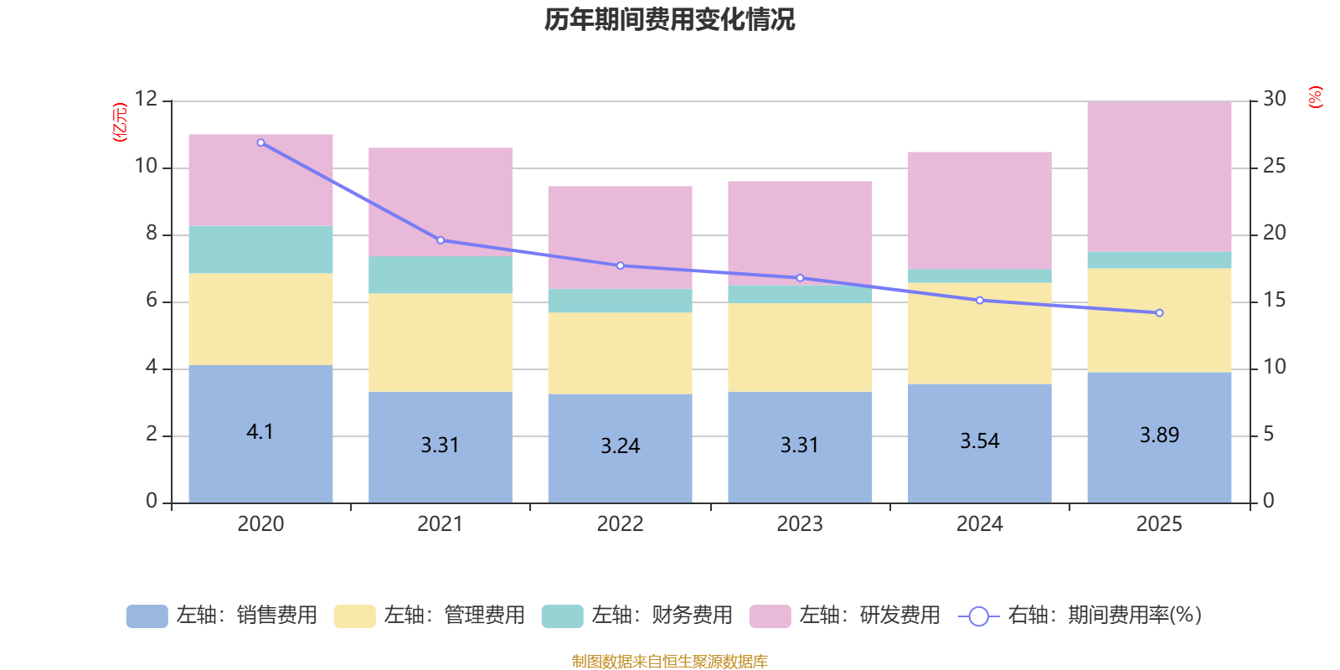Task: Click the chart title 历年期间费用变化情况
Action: [669, 19]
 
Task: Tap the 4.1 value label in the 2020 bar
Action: [260, 432]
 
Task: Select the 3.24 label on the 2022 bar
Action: [620, 446]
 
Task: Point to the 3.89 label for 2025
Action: [1159, 435]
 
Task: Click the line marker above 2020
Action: [260, 143]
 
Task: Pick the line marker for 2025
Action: [1159, 313]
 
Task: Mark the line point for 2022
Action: [621, 265]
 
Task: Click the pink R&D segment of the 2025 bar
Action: [1159, 176]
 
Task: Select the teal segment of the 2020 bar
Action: [260, 250]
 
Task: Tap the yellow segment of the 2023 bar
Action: [800, 347]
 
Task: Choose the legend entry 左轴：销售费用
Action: [222, 616]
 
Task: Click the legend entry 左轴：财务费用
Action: [637, 616]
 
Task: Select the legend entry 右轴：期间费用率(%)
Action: [1080, 616]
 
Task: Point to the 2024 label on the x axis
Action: [979, 524]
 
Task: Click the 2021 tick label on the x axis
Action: [440, 524]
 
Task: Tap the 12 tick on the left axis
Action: [146, 99]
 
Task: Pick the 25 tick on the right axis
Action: [1274, 166]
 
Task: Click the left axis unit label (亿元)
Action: [120, 122]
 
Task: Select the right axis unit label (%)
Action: [1316, 97]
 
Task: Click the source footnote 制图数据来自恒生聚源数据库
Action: [669, 662]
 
